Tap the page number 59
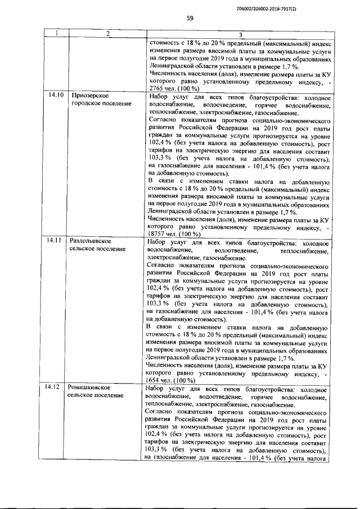point(190,19)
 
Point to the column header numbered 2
point(106,34)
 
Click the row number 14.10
point(56,96)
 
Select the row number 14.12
point(55,388)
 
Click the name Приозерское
point(91,96)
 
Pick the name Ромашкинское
point(92,388)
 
